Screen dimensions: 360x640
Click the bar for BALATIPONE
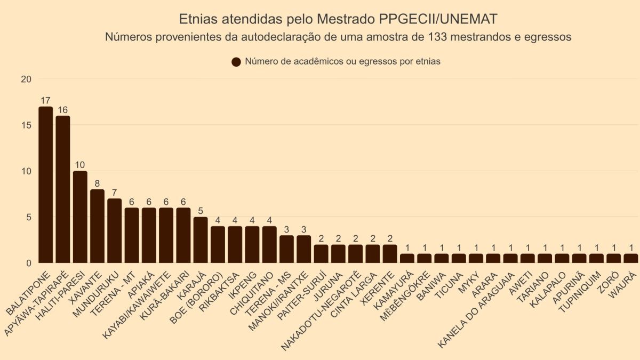[46, 185]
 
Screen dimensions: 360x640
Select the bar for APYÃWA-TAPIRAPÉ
[63, 189]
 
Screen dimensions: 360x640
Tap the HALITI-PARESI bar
[80, 217]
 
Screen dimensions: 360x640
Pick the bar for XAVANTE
[97, 226]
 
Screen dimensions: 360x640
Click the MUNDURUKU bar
[115, 231]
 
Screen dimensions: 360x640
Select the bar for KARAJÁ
[201, 240]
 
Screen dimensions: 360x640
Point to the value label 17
[46, 100]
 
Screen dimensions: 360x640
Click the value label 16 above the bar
[63, 110]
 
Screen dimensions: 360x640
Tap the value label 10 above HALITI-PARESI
[80, 165]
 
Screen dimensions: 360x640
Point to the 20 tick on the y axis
[26, 79]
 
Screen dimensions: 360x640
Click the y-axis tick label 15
[26, 125]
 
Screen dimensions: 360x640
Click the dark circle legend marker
[236, 62]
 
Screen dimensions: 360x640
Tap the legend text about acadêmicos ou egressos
[343, 61]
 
